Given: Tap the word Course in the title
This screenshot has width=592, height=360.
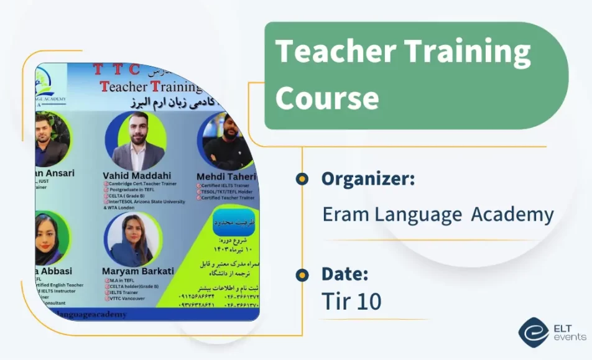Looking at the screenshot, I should (327, 98).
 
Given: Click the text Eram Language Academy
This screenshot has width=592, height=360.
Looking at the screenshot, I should (438, 215).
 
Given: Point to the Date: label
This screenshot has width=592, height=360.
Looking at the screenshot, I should (345, 274).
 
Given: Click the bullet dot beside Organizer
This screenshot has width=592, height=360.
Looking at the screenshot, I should (302, 179).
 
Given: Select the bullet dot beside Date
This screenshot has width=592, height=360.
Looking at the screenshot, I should (302, 274).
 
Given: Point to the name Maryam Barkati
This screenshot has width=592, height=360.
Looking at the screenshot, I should (137, 271).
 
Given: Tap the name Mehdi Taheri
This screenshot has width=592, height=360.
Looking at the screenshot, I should (226, 177).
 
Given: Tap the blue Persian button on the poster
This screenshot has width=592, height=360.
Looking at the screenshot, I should (233, 223).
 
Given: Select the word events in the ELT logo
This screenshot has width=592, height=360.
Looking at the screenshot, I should (570, 337).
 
